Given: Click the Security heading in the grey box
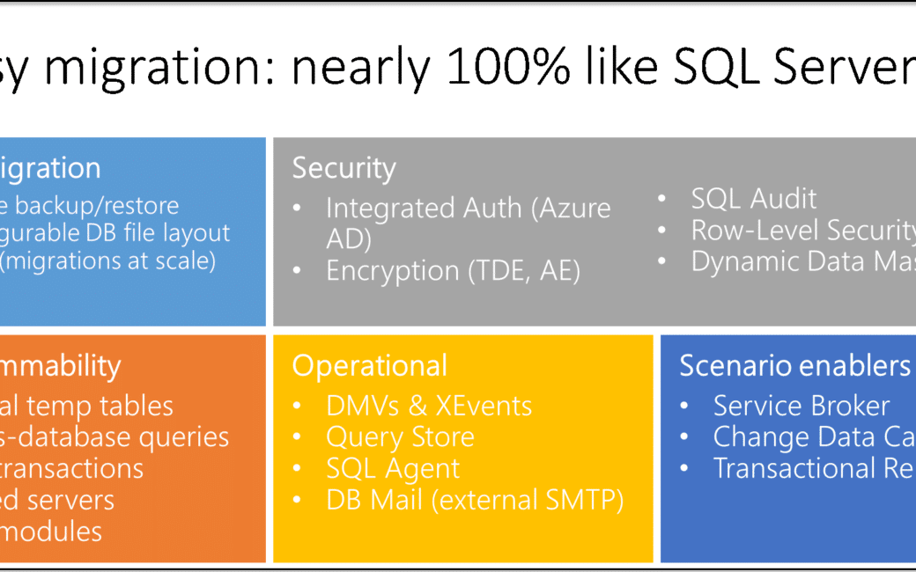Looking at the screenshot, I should pos(343,167).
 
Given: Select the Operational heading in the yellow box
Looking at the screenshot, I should pos(369,365).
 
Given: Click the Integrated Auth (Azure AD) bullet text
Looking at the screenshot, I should pos(468,223).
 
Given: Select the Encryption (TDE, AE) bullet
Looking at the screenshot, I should pos(453,270).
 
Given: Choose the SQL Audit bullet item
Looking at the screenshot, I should pos(753,199).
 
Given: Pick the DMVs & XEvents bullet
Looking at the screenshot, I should pos(429,406).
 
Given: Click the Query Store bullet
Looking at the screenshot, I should pos(400,436).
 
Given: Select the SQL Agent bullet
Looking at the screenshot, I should pos(393,468).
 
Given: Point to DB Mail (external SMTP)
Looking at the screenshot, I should pos(475,500).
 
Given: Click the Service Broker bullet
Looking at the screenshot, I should pos(801,406).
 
